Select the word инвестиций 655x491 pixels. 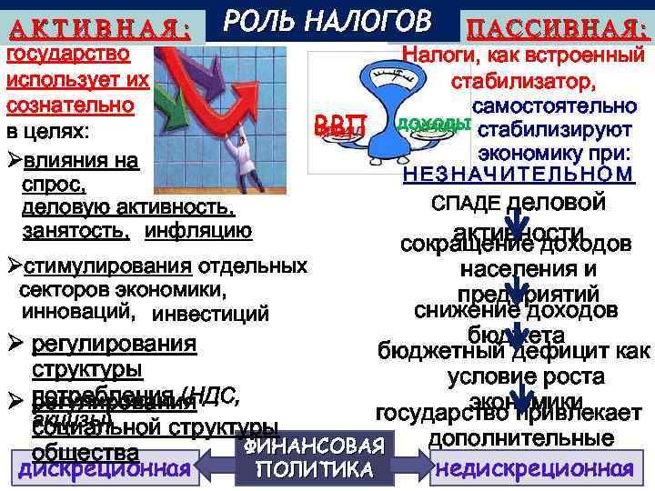[211, 316]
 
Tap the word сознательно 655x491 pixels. [71, 103]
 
